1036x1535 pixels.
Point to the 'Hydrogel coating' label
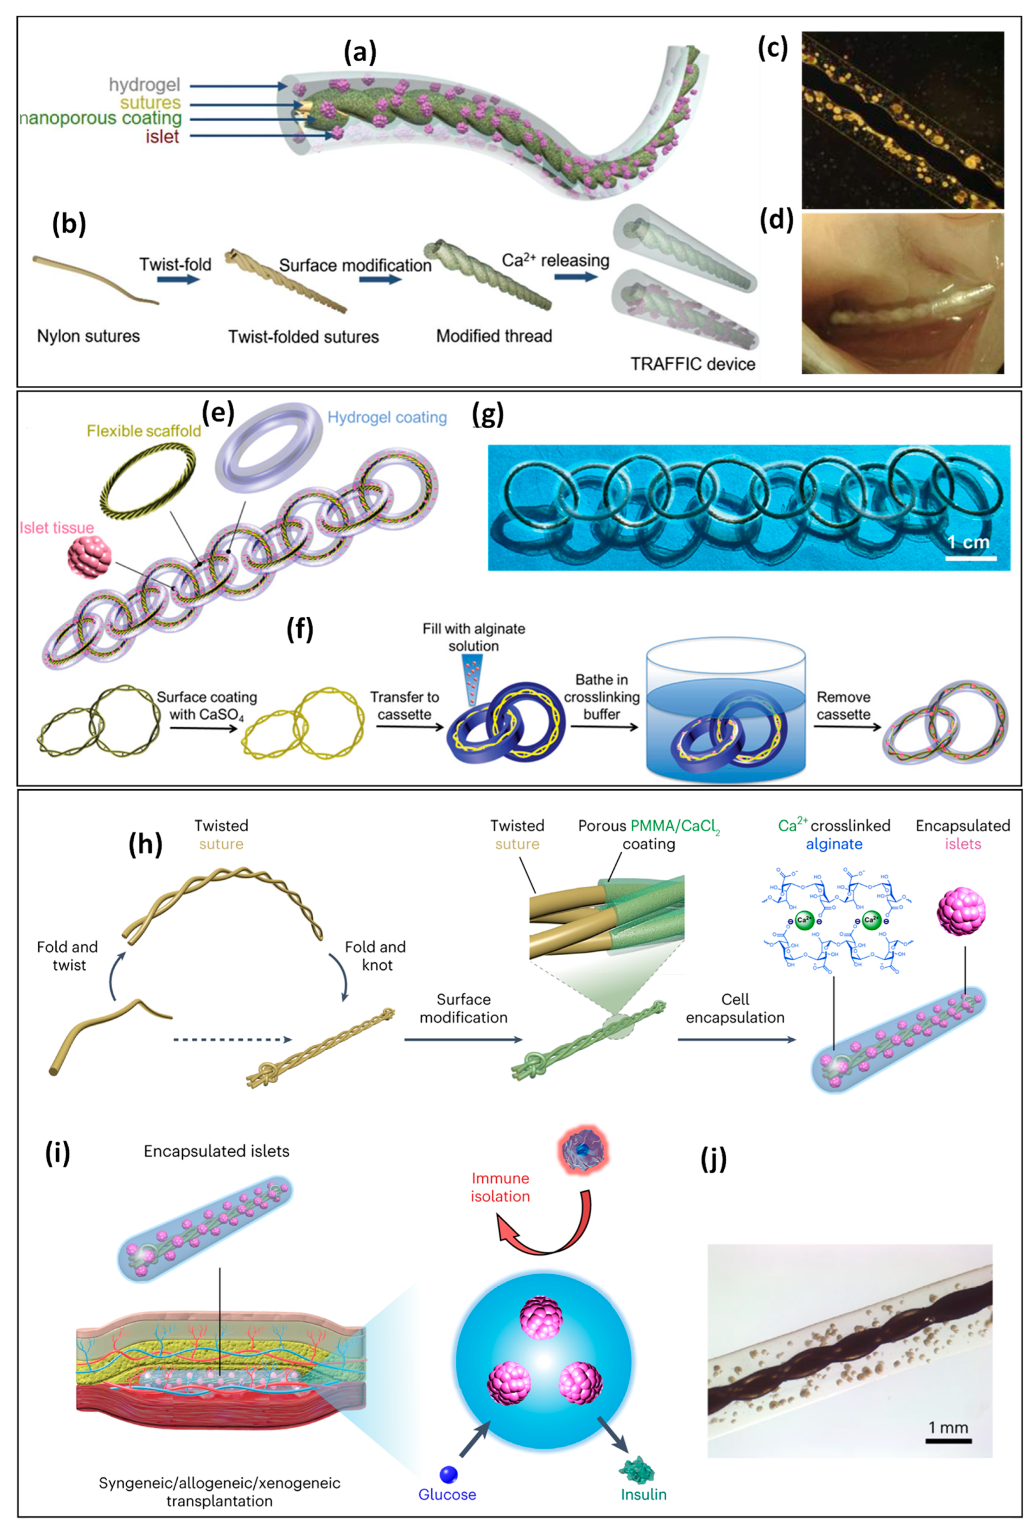pyautogui.click(x=387, y=418)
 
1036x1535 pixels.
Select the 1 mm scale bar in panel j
pyautogui.click(x=948, y=1440)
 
